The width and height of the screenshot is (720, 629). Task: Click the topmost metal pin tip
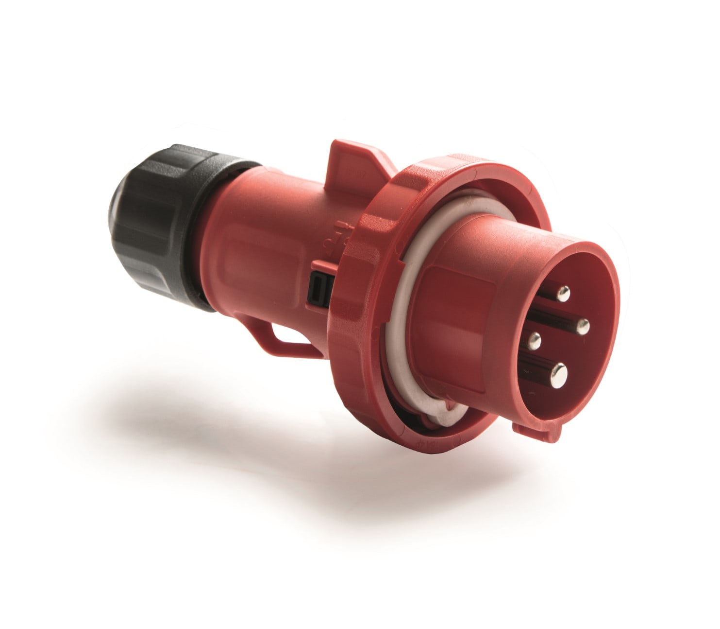click(x=563, y=293)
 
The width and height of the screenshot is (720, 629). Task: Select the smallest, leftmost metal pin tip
click(x=535, y=339)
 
